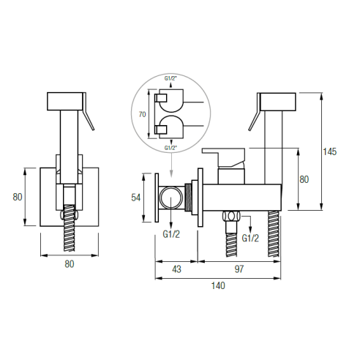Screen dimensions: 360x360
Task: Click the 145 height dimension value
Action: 329,151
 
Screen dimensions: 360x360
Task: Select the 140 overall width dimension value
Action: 218,285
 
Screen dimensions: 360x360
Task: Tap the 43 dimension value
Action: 176,269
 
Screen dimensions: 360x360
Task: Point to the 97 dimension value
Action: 239,269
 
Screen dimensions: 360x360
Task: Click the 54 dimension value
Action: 136,198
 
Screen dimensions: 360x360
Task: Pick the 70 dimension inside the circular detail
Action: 142,114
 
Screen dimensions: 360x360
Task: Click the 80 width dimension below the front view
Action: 70,264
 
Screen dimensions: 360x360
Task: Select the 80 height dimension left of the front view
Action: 18,197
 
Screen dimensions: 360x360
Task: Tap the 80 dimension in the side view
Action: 304,179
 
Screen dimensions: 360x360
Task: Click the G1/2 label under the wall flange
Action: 171,234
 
